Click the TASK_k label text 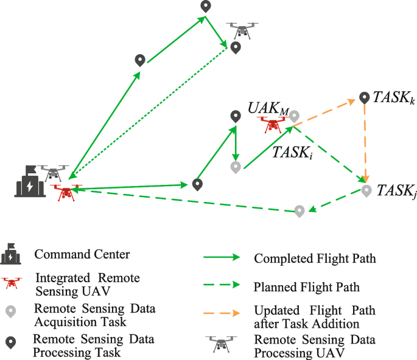pyautogui.click(x=393, y=98)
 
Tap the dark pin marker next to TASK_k pyautogui.click(x=365, y=97)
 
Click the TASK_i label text pyautogui.click(x=293, y=153)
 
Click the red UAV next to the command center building pyautogui.click(x=65, y=192)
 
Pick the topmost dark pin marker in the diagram pyautogui.click(x=206, y=6)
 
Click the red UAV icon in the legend pyautogui.click(x=11, y=283)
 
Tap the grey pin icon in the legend pyautogui.click(x=11, y=311)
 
